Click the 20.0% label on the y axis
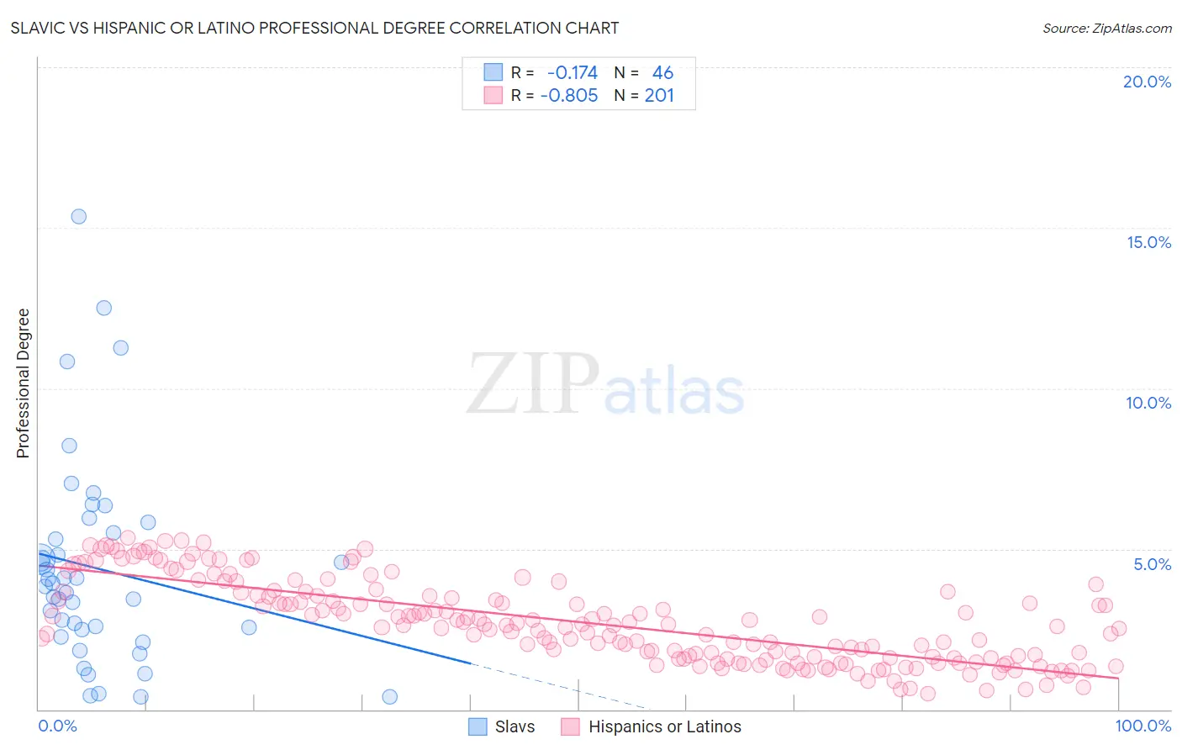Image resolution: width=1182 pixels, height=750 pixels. pos(1147,82)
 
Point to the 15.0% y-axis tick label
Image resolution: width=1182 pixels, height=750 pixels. pos(1148,242)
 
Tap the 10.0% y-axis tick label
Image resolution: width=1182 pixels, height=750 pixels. pos(1148,403)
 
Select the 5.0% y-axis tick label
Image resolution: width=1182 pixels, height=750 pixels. pos(1152,564)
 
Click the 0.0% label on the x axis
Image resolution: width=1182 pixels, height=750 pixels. pos(57,726)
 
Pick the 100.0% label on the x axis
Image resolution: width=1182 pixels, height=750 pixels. pos(1142,726)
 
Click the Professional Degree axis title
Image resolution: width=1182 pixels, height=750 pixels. pos(23,383)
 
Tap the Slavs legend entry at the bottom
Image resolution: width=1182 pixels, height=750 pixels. pos(514,726)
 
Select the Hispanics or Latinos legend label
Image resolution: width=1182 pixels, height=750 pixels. pos(664,726)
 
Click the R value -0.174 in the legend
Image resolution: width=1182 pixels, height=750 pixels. pos(572,72)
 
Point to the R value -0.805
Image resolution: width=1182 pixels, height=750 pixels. pos(569,95)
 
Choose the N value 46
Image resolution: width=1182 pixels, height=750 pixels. pos(662,72)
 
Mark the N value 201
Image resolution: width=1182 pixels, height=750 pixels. pos(659,95)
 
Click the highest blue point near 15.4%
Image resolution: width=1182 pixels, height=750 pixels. pos(78,216)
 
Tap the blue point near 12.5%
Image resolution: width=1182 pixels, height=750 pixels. pos(103,308)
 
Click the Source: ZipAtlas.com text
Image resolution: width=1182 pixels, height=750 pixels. pos(1106,29)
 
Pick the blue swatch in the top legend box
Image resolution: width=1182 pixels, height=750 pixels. pos(493,72)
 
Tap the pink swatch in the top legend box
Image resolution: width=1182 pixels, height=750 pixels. pos(493,95)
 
